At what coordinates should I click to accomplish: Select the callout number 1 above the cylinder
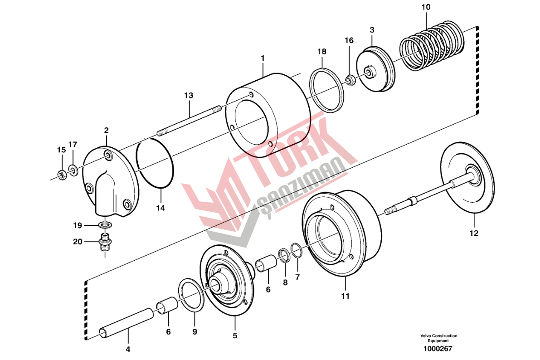tap(263, 58)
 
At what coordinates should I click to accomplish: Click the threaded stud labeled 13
tap(189, 120)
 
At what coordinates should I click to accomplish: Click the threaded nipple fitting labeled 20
tap(105, 242)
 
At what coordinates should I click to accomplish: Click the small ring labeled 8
tap(283, 256)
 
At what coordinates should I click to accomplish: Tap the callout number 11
tap(345, 296)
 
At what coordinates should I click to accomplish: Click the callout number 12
tap(474, 233)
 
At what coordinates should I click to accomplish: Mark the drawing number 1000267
tap(438, 349)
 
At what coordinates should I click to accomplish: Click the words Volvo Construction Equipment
tap(438, 338)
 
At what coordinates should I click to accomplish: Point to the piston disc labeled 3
tap(375, 69)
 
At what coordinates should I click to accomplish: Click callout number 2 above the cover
tap(106, 131)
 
